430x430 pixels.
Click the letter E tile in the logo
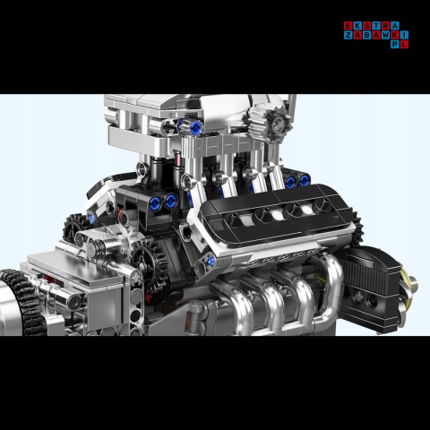point(348,26)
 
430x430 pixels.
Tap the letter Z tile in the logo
point(348,36)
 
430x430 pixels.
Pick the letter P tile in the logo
point(396,45)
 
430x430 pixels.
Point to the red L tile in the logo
point(405,45)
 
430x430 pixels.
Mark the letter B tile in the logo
point(367,36)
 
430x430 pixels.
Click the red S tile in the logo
point(367,26)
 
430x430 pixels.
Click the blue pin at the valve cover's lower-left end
point(210,261)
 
